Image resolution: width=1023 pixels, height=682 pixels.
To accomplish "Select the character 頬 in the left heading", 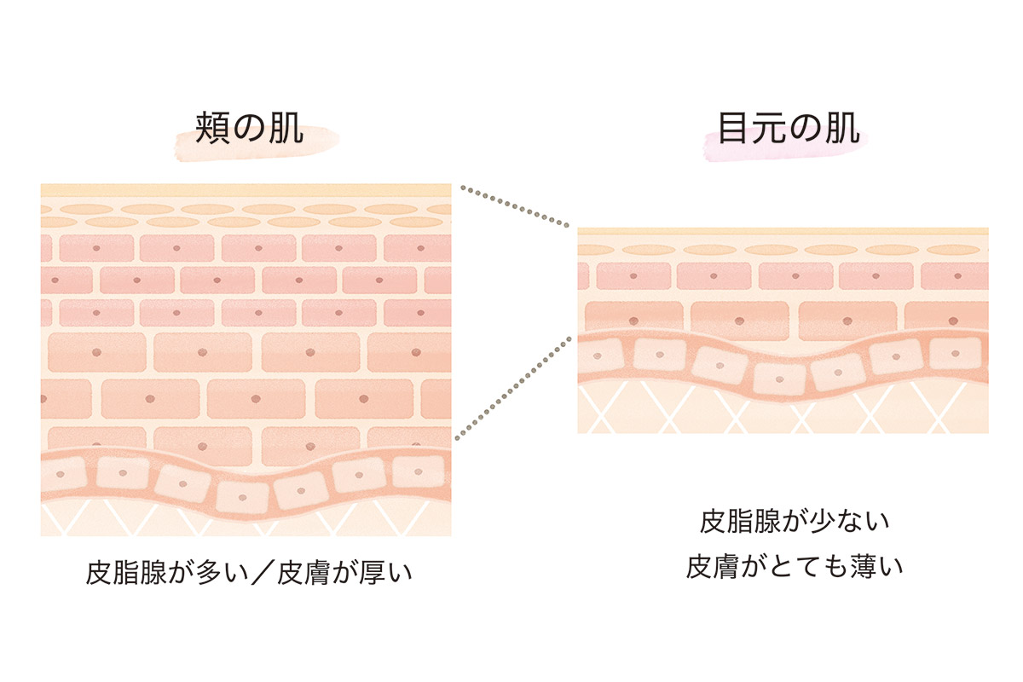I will [x=210, y=133].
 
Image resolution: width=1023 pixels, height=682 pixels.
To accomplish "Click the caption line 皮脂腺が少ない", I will [x=795, y=521].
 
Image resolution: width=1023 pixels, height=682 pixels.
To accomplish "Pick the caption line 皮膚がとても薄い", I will [x=795, y=567].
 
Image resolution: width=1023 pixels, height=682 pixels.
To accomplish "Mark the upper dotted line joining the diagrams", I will [x=515, y=206].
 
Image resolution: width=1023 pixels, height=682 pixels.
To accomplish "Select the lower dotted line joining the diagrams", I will [x=515, y=388].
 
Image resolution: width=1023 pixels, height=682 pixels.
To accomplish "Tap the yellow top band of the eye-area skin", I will [x=783, y=231].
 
